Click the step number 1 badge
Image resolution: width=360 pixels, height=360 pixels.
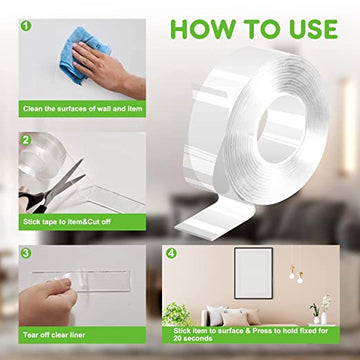26,26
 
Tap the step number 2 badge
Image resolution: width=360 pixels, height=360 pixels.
26,140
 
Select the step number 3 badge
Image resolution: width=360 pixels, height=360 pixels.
26,253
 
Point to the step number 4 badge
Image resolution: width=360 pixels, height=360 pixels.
171,253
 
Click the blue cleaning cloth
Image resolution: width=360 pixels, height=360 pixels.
83,54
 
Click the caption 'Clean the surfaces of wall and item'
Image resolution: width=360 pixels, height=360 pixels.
83,109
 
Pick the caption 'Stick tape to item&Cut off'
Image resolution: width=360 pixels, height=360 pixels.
67,222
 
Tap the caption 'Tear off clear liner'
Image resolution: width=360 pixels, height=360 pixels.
54,335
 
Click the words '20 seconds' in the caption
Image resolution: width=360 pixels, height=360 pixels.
193,338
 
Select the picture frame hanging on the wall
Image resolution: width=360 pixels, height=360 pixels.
253,273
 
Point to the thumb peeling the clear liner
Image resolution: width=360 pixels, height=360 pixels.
66,284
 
